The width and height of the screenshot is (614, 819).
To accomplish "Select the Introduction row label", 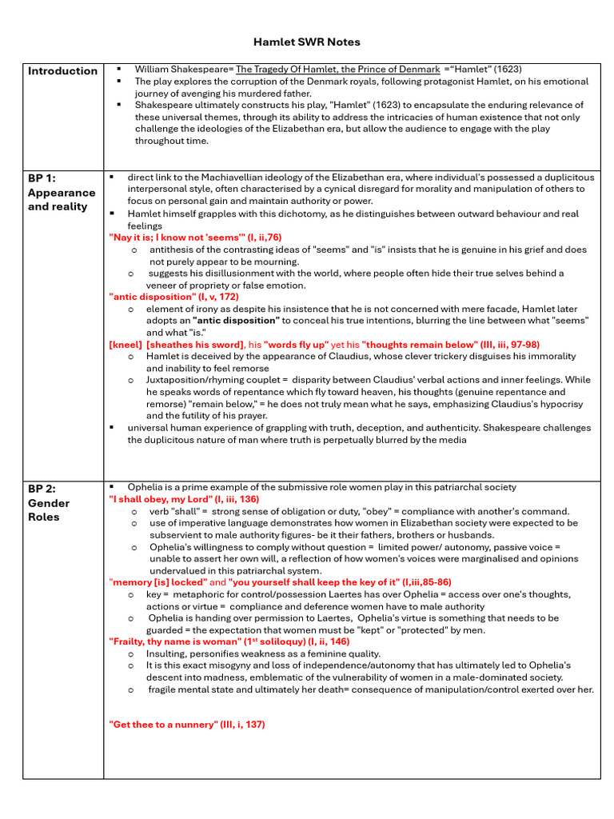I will [62, 71].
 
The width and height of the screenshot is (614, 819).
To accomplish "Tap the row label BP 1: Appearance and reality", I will [62, 193].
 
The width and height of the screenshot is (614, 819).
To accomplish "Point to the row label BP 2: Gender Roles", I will [49, 503].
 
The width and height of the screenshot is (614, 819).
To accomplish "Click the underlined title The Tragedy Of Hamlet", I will [337, 70].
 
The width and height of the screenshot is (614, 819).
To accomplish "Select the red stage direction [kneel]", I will [126, 345].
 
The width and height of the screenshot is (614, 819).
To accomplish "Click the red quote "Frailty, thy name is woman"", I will [176, 641].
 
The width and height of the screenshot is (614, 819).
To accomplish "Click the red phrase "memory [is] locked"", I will [152, 582].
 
